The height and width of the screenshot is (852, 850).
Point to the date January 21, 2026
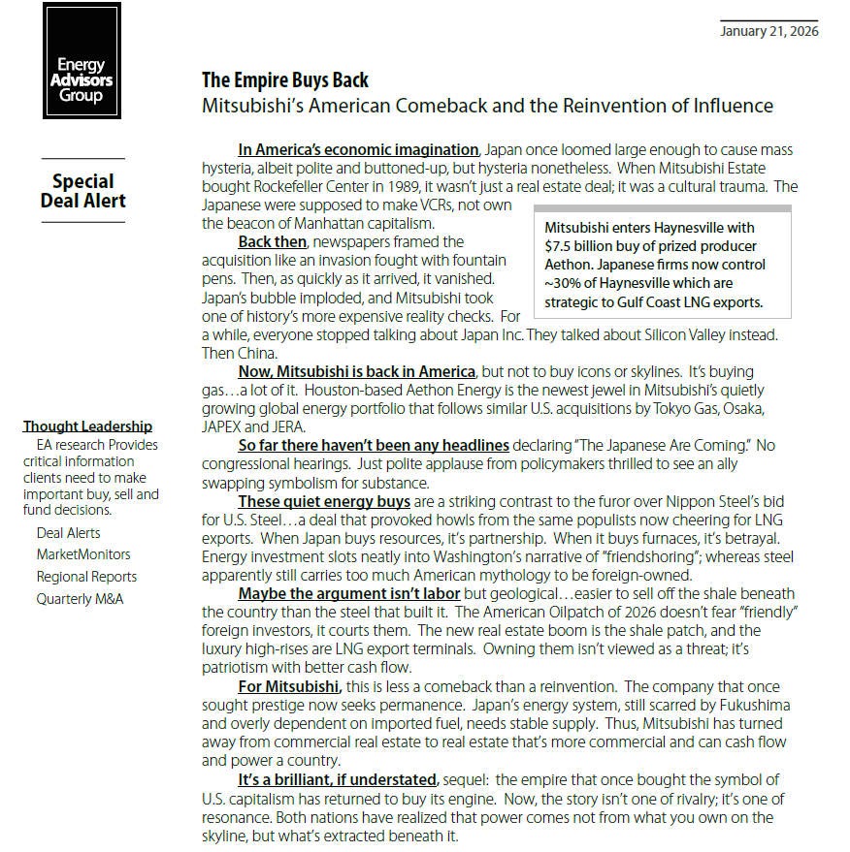coord(769,31)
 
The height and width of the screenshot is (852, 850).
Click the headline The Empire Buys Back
coord(285,80)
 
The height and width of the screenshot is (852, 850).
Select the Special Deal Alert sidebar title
coord(83,191)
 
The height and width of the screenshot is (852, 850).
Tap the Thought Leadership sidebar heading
coord(87,426)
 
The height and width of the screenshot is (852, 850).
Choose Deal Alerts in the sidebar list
coord(68,533)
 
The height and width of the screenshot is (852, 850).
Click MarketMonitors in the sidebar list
coord(83,554)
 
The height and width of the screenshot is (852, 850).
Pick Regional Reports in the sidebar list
coord(86,577)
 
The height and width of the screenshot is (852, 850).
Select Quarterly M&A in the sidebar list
coord(80,599)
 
